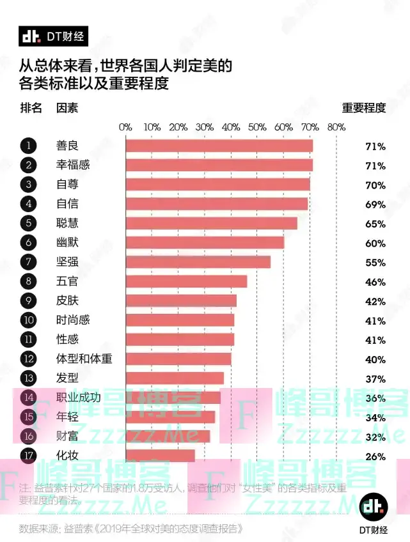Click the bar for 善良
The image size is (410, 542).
(219, 146)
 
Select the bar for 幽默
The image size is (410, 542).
(205, 243)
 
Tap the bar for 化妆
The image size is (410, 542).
(161, 456)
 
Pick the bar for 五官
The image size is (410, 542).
(186, 281)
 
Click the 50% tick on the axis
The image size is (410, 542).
(257, 127)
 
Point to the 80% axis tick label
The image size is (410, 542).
(336, 127)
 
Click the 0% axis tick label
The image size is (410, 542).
(125, 127)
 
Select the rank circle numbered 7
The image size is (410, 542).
(28, 262)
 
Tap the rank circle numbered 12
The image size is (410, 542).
(28, 359)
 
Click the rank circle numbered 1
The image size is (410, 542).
(28, 146)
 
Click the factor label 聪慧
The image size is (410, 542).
(67, 224)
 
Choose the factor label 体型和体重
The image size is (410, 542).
(84, 359)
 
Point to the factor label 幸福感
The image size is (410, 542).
(73, 166)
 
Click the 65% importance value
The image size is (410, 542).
(375, 224)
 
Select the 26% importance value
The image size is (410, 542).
(375, 457)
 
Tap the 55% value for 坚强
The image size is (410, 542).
(375, 263)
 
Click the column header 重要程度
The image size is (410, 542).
(364, 107)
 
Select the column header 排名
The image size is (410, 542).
(31, 107)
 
